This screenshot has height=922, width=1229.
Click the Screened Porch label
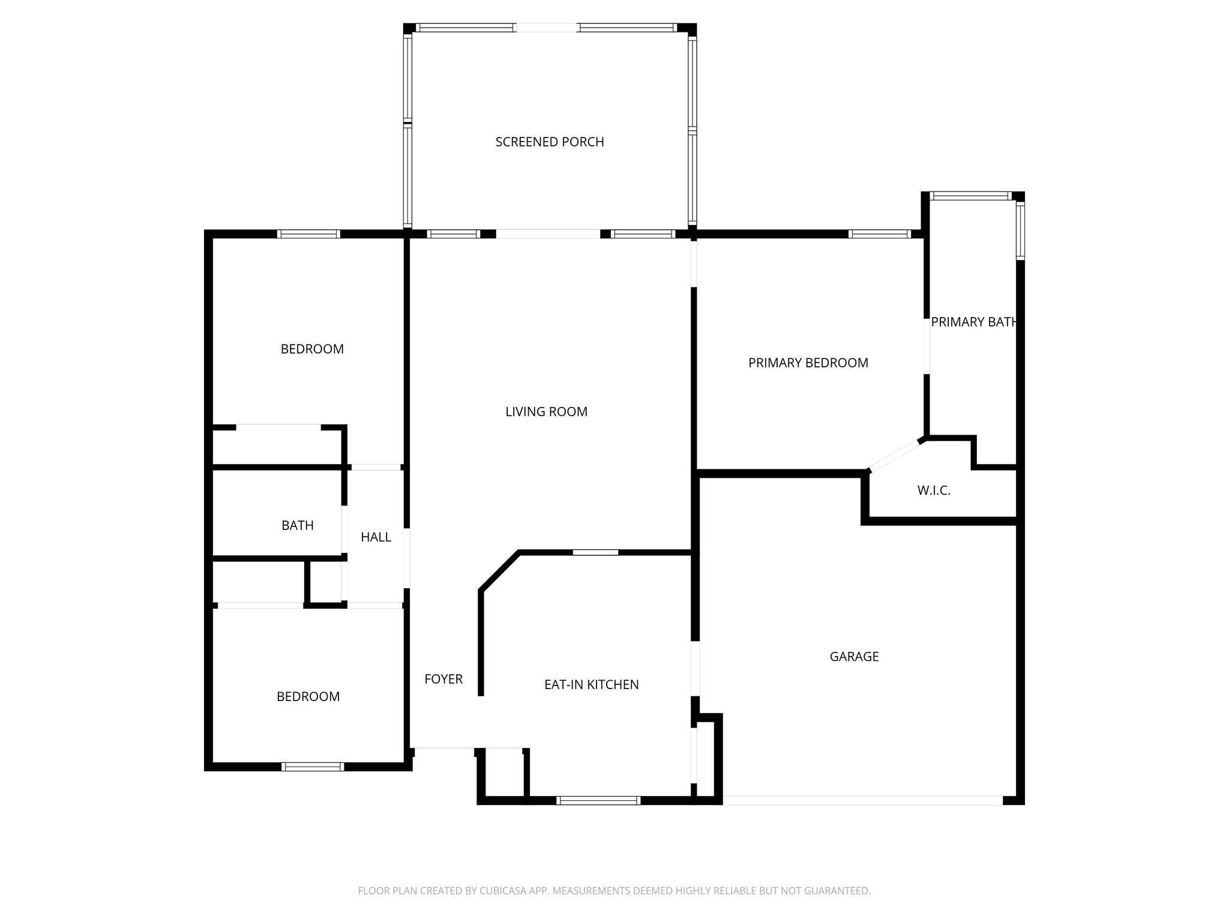[550, 142]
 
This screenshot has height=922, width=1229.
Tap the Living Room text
[546, 412]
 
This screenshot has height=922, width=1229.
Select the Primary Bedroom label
[808, 363]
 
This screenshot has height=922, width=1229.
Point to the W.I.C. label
[933, 491]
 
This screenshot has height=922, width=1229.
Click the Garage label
[854, 657]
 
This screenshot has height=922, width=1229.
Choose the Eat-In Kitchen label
[591, 685]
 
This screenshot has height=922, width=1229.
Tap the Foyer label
[443, 679]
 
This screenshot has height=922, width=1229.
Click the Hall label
[376, 537]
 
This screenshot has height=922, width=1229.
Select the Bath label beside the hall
[297, 526]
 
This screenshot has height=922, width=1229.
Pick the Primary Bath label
[973, 322]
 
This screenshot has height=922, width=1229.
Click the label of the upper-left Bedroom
[312, 349]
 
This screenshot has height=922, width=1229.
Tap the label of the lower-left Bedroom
[308, 697]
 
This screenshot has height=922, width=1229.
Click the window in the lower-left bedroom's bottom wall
[313, 767]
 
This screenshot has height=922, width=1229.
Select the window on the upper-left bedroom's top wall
[309, 234]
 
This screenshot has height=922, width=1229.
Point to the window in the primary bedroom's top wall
[880, 234]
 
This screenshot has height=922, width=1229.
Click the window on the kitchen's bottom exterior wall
[598, 800]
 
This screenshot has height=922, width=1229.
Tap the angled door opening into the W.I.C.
[894, 456]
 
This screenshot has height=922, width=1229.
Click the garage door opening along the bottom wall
[862, 800]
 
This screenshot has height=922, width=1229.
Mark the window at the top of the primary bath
[970, 196]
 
